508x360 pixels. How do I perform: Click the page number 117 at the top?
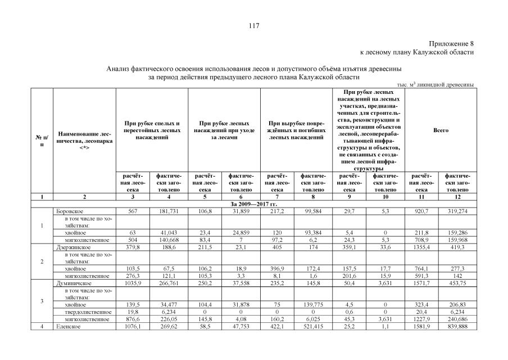(x=253, y=25)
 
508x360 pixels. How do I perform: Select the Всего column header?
(x=441, y=130)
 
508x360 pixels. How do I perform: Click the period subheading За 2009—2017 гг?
(x=254, y=204)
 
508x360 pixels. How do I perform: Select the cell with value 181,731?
(x=168, y=211)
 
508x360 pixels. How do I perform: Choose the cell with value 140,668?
(x=168, y=239)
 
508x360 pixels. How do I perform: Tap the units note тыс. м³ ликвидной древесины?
(x=436, y=84)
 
